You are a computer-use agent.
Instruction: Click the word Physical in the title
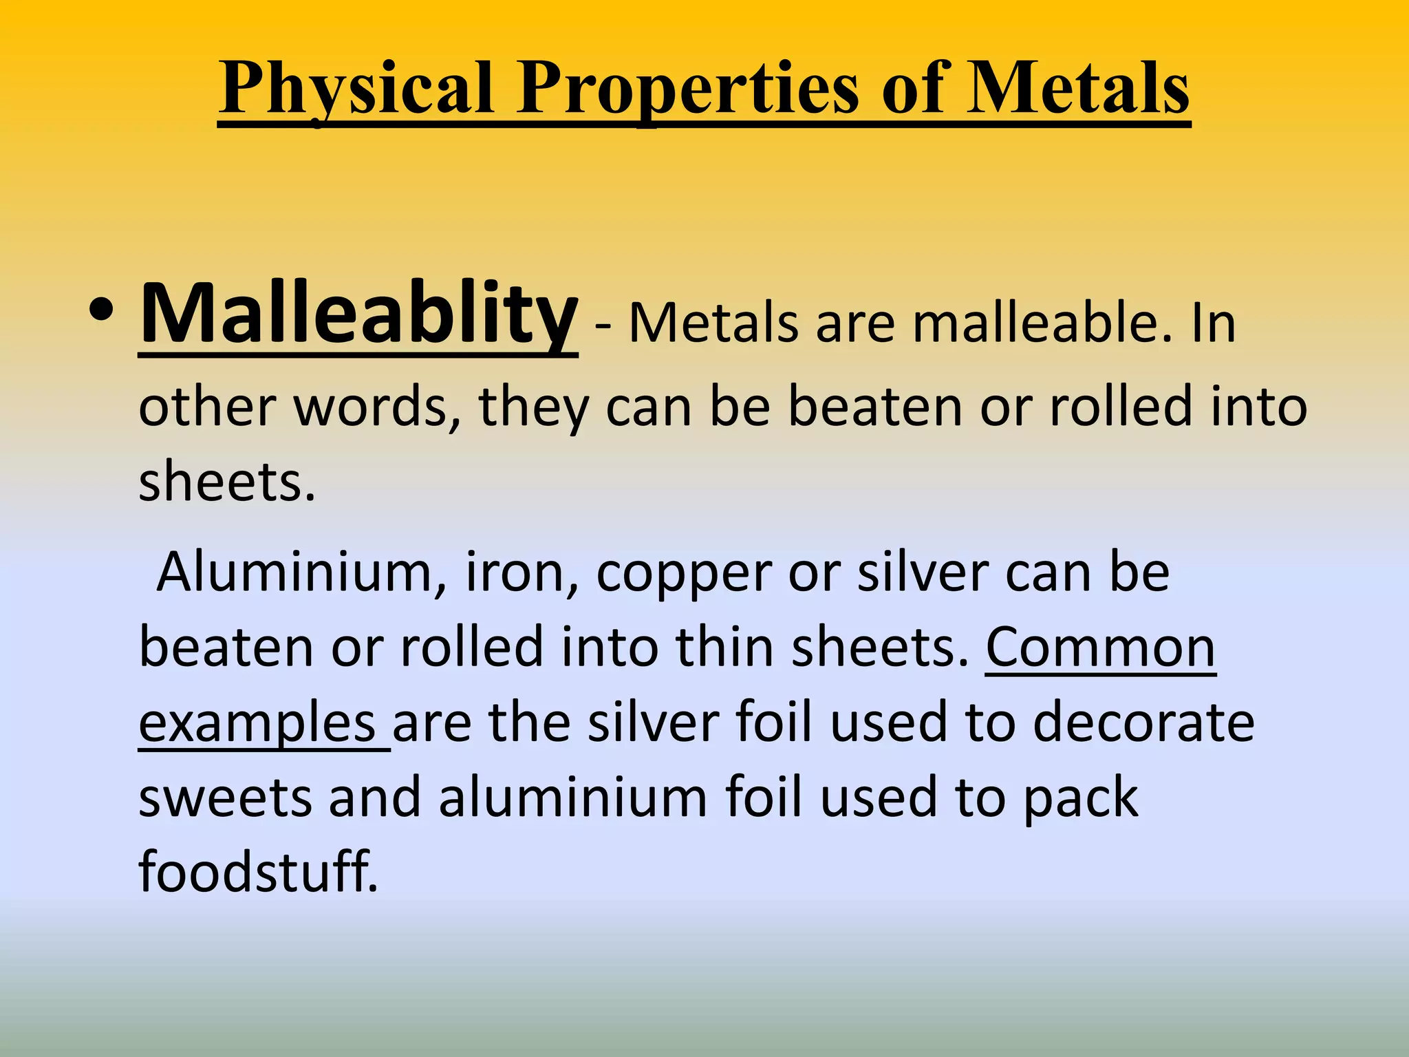tap(356, 89)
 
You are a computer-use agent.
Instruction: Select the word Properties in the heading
tap(688, 89)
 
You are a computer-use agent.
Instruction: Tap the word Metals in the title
tap(1078, 89)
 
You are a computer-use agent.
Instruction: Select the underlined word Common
tap(1101, 648)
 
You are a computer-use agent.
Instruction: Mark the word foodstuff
tap(258, 871)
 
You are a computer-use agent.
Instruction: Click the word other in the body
tap(207, 407)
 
